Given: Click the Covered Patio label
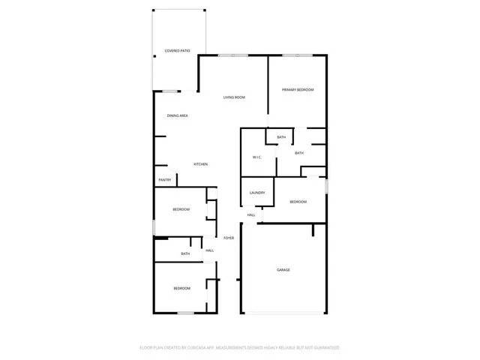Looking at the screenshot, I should click(177, 51).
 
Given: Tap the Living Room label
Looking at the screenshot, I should click(234, 97).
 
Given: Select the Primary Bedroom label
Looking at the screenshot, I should click(298, 90).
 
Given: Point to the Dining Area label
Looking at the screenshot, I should click(177, 115).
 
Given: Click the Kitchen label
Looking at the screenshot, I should click(200, 164).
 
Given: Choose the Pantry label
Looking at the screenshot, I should click(165, 180).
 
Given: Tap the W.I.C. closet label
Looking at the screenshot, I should click(256, 157).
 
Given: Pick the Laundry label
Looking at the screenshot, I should click(257, 193).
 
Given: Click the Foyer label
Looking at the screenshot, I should click(228, 238).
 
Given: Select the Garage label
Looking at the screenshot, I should click(283, 270).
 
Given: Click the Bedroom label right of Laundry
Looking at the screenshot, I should click(298, 202).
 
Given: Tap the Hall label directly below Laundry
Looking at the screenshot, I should click(251, 215).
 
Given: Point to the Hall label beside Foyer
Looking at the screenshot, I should click(210, 250).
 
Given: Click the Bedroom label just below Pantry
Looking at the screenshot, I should click(181, 209).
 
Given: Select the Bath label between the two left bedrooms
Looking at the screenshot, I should click(185, 253).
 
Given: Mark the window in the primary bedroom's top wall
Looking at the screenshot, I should click(298, 55).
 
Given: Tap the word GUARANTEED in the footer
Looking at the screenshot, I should click(324, 348).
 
